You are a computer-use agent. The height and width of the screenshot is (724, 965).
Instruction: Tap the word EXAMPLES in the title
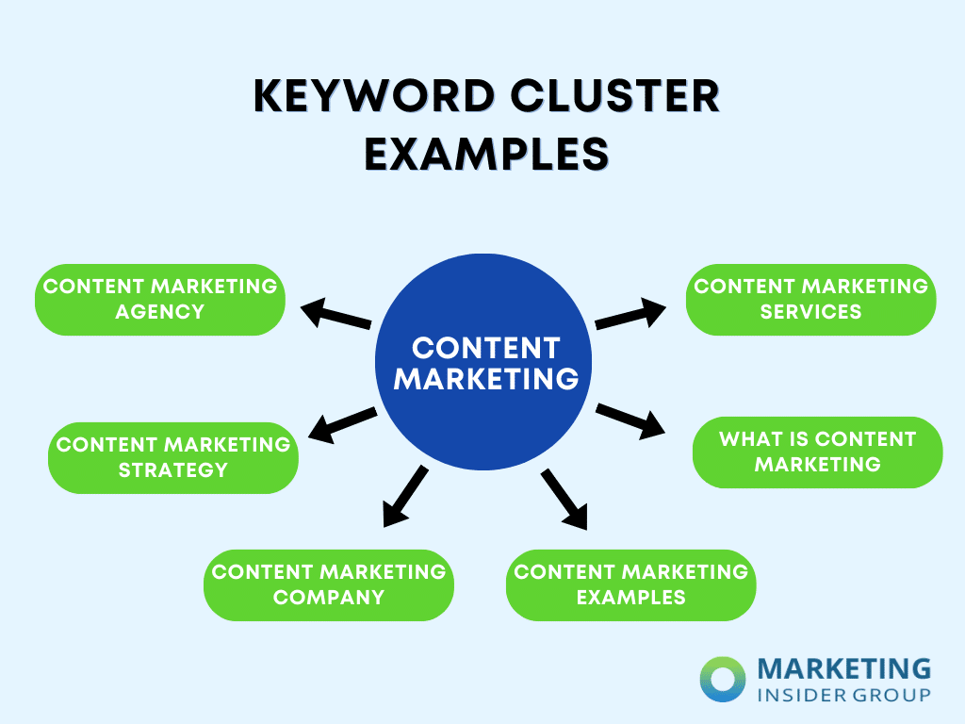point(486,154)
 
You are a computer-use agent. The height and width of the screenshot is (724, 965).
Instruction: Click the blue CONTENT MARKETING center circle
point(484,363)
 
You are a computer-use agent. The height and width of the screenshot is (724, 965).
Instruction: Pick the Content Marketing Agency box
point(160,299)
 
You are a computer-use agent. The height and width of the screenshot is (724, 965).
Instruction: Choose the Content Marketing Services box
point(810,299)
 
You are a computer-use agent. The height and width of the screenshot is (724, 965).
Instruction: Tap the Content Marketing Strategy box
point(173,457)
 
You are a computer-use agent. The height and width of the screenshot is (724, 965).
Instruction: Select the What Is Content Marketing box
point(817,452)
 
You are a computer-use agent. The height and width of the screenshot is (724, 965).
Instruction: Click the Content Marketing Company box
point(329,584)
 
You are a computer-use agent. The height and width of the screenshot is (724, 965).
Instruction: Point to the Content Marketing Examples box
point(630,584)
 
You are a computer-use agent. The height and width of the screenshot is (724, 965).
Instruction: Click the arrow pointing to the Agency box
point(335,314)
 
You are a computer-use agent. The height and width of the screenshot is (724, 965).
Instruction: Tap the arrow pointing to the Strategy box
point(343,424)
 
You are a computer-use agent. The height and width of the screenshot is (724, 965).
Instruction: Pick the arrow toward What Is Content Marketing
point(630,420)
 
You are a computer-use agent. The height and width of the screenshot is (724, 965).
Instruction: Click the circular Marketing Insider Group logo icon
point(723,680)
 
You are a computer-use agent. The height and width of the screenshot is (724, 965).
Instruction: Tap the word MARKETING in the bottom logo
point(843,669)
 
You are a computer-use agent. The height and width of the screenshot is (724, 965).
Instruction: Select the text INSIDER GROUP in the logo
point(843,695)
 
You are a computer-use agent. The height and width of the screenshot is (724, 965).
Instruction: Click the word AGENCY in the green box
point(160,311)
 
